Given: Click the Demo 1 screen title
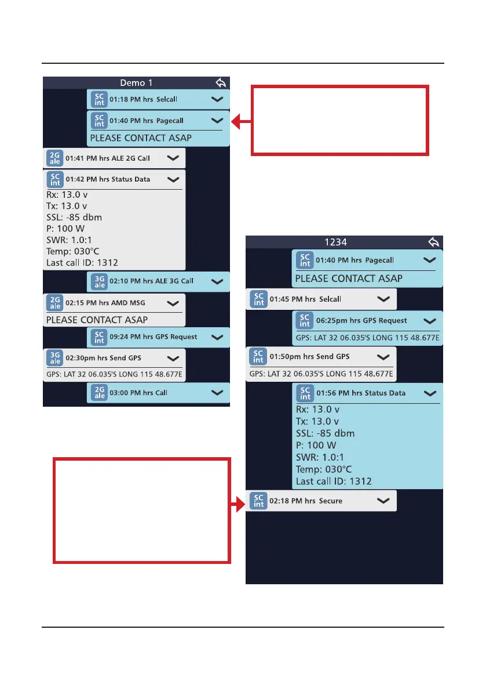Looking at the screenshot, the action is click(x=136, y=82).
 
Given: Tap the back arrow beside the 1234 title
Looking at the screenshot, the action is click(x=433, y=242).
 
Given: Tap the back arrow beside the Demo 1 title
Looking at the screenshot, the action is click(x=220, y=82).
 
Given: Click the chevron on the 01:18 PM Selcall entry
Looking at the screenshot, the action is click(x=217, y=100).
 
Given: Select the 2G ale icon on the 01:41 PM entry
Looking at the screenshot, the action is click(x=55, y=158).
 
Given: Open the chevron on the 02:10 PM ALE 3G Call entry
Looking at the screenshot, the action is click(x=217, y=281).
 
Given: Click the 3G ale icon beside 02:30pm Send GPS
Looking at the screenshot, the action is click(x=55, y=359).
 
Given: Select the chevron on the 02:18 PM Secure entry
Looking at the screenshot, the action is click(x=383, y=500).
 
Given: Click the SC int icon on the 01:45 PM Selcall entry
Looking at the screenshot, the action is click(x=259, y=299).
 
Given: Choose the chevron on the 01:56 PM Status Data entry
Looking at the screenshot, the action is click(x=430, y=393).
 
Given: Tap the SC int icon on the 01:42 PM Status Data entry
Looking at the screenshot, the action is click(x=55, y=179).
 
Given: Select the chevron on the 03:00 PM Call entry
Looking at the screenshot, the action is click(x=217, y=393).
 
